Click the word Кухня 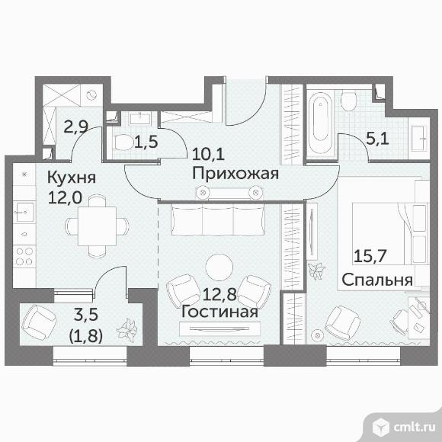pos(72,178)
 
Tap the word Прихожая pos(235,173)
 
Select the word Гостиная pos(219,312)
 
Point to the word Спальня pos(377,280)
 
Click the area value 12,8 pos(219,295)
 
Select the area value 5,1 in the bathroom pos(377,139)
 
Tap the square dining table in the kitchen pos(97,226)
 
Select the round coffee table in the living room pos(219,267)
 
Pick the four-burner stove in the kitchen pos(24,256)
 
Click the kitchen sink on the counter pos(25,212)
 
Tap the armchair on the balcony pos(39,320)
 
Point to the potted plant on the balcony pos(127,328)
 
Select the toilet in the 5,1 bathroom pos(348,101)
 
